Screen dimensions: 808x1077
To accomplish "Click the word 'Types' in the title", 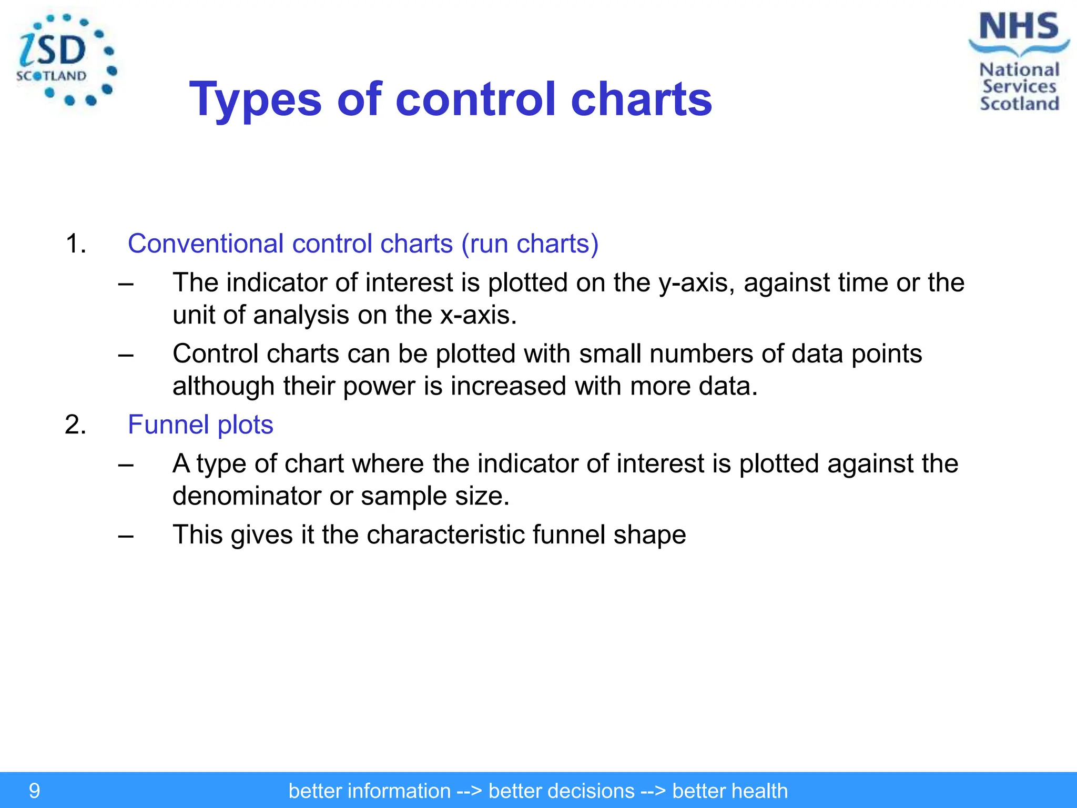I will tap(255, 100).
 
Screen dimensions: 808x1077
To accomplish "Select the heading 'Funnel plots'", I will tap(200, 425).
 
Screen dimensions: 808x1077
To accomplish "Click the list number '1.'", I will tap(76, 244).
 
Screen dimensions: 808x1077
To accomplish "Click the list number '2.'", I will tap(76, 425).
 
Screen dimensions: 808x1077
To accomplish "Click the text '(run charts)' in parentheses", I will tap(530, 244).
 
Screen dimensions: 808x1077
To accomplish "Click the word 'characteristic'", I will tap(445, 535).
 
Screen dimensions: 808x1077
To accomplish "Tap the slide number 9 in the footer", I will tap(34, 791).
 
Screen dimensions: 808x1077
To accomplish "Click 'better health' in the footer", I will tap(729, 791).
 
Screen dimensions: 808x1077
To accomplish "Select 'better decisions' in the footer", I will tap(561, 791).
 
